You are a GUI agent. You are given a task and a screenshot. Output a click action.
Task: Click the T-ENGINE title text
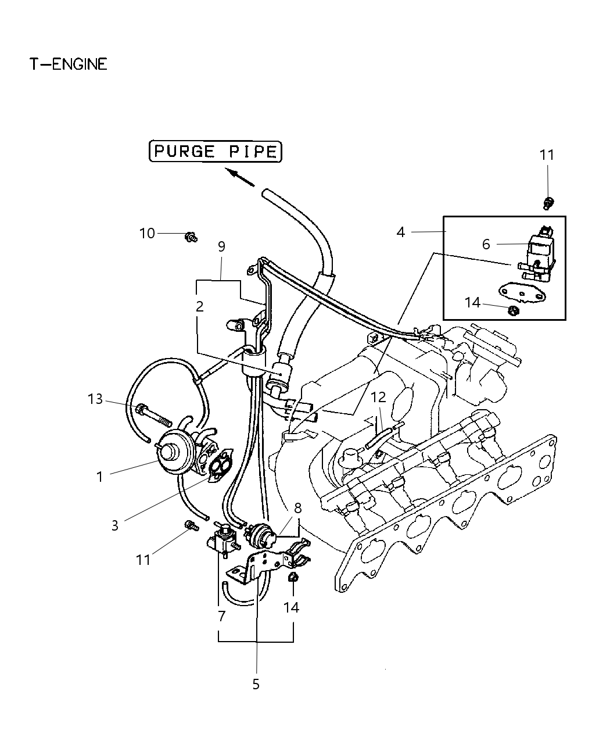click(x=69, y=64)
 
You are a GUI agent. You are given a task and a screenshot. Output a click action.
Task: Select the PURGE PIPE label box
click(x=216, y=152)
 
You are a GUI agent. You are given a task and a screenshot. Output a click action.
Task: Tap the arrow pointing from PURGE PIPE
click(x=241, y=177)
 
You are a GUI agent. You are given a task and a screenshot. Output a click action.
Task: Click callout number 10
click(x=147, y=233)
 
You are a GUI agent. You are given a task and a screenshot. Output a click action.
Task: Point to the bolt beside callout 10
click(x=191, y=237)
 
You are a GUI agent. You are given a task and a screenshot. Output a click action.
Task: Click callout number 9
click(x=221, y=246)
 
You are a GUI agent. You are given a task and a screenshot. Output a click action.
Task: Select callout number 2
click(x=199, y=306)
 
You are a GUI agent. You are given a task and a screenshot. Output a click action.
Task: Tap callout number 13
click(x=95, y=399)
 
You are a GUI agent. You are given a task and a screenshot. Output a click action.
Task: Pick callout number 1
click(x=99, y=477)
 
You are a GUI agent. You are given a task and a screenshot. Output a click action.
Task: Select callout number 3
click(x=115, y=525)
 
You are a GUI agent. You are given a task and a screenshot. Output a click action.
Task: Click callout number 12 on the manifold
click(x=378, y=398)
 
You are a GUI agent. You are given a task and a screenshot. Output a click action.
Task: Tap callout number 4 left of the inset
click(x=400, y=232)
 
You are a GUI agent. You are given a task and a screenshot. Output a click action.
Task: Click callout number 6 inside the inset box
click(x=486, y=244)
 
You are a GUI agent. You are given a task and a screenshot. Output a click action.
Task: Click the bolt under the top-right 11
click(x=547, y=202)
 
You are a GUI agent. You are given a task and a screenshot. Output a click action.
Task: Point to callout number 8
click(x=297, y=507)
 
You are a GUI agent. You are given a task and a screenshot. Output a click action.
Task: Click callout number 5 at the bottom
click(x=256, y=684)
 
